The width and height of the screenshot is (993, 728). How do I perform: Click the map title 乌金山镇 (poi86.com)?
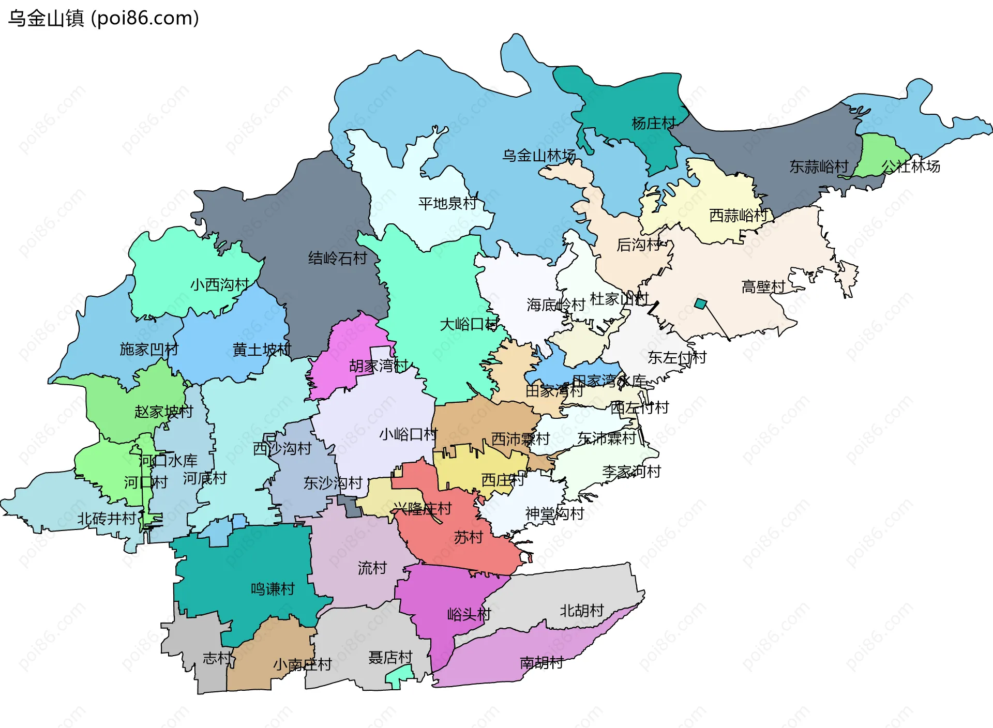click(103, 18)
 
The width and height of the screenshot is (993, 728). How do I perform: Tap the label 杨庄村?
click(653, 123)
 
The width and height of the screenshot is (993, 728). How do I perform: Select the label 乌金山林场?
click(539, 155)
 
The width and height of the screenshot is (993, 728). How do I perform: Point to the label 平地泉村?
click(447, 203)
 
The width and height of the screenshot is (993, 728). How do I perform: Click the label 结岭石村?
click(337, 258)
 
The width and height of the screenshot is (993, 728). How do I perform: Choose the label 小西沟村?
click(220, 284)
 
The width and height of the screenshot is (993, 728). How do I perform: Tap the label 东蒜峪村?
click(819, 166)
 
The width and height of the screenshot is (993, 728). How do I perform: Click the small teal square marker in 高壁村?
click(700, 304)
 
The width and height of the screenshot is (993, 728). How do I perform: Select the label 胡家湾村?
click(379, 366)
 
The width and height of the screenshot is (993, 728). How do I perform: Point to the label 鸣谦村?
click(273, 589)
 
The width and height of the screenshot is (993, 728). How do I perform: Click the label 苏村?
click(468, 538)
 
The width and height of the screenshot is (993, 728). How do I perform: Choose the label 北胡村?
click(582, 611)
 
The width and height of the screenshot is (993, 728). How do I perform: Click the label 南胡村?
click(541, 662)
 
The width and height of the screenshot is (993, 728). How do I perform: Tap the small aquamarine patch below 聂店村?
click(400, 676)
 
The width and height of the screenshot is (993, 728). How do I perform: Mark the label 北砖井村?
click(107, 518)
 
